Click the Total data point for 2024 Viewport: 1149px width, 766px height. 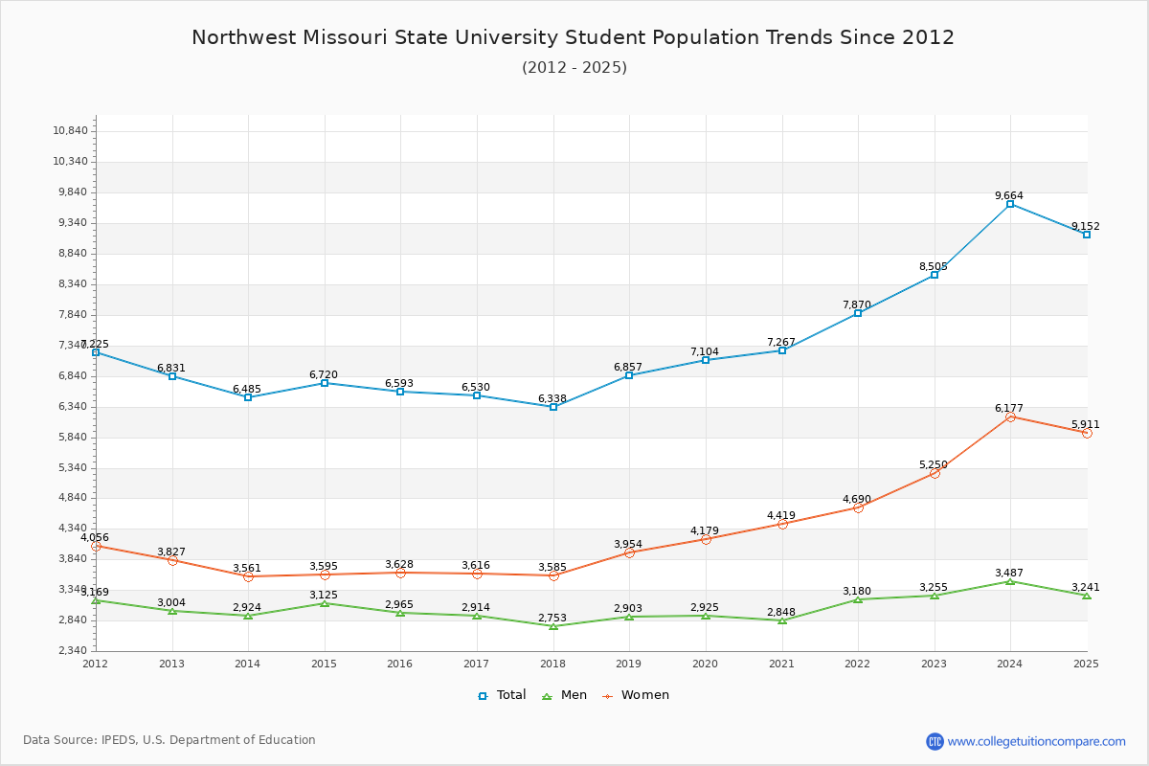point(1010,204)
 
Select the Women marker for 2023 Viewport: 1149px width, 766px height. point(935,473)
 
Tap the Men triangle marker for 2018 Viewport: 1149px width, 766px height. point(553,626)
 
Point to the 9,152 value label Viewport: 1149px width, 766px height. point(1086,227)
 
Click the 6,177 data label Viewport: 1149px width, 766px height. point(1010,409)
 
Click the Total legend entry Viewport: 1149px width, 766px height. point(503,695)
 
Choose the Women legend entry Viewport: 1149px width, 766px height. point(636,695)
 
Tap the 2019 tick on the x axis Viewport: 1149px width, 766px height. point(629,664)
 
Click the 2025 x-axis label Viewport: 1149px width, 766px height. point(1086,664)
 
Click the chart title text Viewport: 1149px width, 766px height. point(573,37)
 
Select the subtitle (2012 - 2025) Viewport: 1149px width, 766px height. point(574,67)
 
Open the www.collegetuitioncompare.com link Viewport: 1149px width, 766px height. point(1037,741)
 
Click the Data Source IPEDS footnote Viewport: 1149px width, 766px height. point(169,740)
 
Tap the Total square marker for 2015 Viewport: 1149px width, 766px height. point(325,383)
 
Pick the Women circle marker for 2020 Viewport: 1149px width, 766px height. point(706,539)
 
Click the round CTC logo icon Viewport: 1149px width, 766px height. point(935,741)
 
